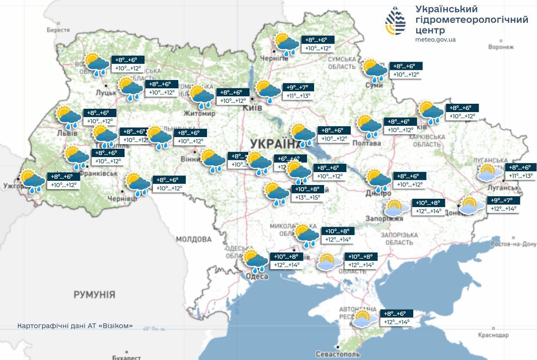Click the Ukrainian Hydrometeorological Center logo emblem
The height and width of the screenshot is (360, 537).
point(395,20)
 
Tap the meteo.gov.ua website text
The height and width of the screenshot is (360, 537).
point(435,40)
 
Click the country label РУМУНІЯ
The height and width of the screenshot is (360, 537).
point(94,295)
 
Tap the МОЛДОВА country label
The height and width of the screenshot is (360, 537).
point(193,239)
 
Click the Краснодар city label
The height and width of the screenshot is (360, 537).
point(493,335)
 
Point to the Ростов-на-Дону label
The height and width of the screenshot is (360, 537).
point(513,244)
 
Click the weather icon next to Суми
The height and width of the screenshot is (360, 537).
point(375,70)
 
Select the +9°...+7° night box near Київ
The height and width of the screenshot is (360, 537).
point(298,87)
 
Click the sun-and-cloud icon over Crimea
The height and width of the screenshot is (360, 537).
point(365,318)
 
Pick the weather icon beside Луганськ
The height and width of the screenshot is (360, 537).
point(490,172)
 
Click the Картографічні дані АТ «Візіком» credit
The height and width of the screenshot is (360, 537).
point(75,325)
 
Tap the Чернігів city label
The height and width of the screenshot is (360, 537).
point(274,58)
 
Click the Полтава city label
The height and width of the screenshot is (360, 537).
point(367,143)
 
